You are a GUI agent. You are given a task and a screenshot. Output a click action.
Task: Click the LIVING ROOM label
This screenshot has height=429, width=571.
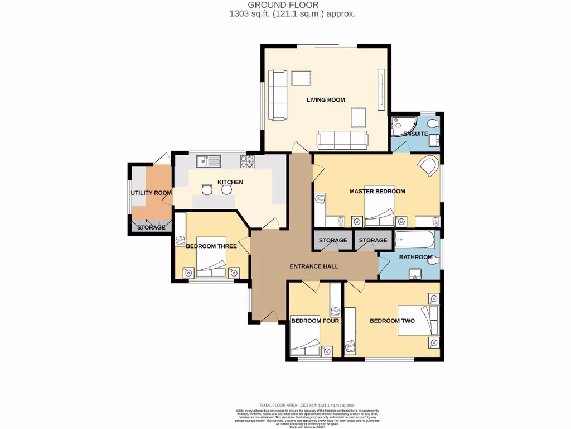point(326,100)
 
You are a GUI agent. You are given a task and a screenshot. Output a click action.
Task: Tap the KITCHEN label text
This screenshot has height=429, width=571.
point(230,182)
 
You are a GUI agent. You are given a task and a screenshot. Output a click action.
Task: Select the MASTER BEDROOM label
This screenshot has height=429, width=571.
point(377,192)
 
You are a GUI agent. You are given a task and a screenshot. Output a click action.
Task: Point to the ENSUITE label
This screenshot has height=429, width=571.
point(415,134)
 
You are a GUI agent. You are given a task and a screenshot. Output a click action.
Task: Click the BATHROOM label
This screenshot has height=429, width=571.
point(415,257)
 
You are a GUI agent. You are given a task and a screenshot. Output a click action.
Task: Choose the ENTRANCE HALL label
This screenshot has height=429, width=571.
point(314,266)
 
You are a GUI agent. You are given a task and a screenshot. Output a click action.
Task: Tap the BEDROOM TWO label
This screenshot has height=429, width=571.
point(392,321)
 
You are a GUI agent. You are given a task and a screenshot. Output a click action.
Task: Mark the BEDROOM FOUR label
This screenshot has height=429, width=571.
point(315,321)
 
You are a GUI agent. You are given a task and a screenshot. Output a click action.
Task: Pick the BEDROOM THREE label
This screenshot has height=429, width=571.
point(211,246)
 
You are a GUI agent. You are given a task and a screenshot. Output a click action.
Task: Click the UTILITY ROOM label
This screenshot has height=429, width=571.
point(151,193)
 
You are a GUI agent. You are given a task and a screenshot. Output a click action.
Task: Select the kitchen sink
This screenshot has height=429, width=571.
point(209,161)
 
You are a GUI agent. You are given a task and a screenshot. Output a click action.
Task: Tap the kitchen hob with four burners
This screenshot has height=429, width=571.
point(247,161)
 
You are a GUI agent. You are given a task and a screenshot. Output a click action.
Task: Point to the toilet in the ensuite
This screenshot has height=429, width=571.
point(434,123)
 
